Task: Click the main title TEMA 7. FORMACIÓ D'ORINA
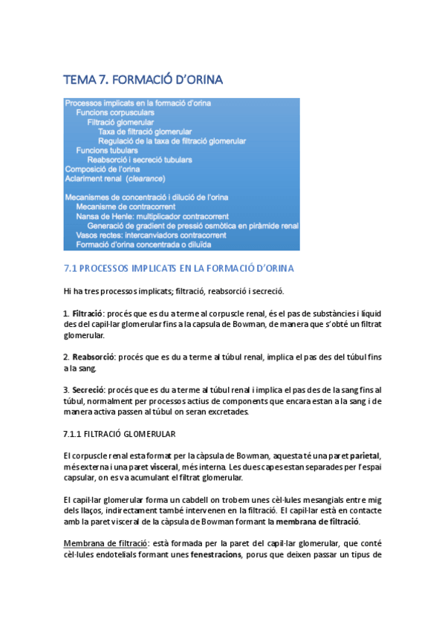(x=143, y=79)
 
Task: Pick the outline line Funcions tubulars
(x=106, y=150)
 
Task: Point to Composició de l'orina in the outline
(x=103, y=169)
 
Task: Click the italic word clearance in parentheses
(x=146, y=178)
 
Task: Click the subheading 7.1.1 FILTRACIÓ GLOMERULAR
(x=120, y=433)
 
